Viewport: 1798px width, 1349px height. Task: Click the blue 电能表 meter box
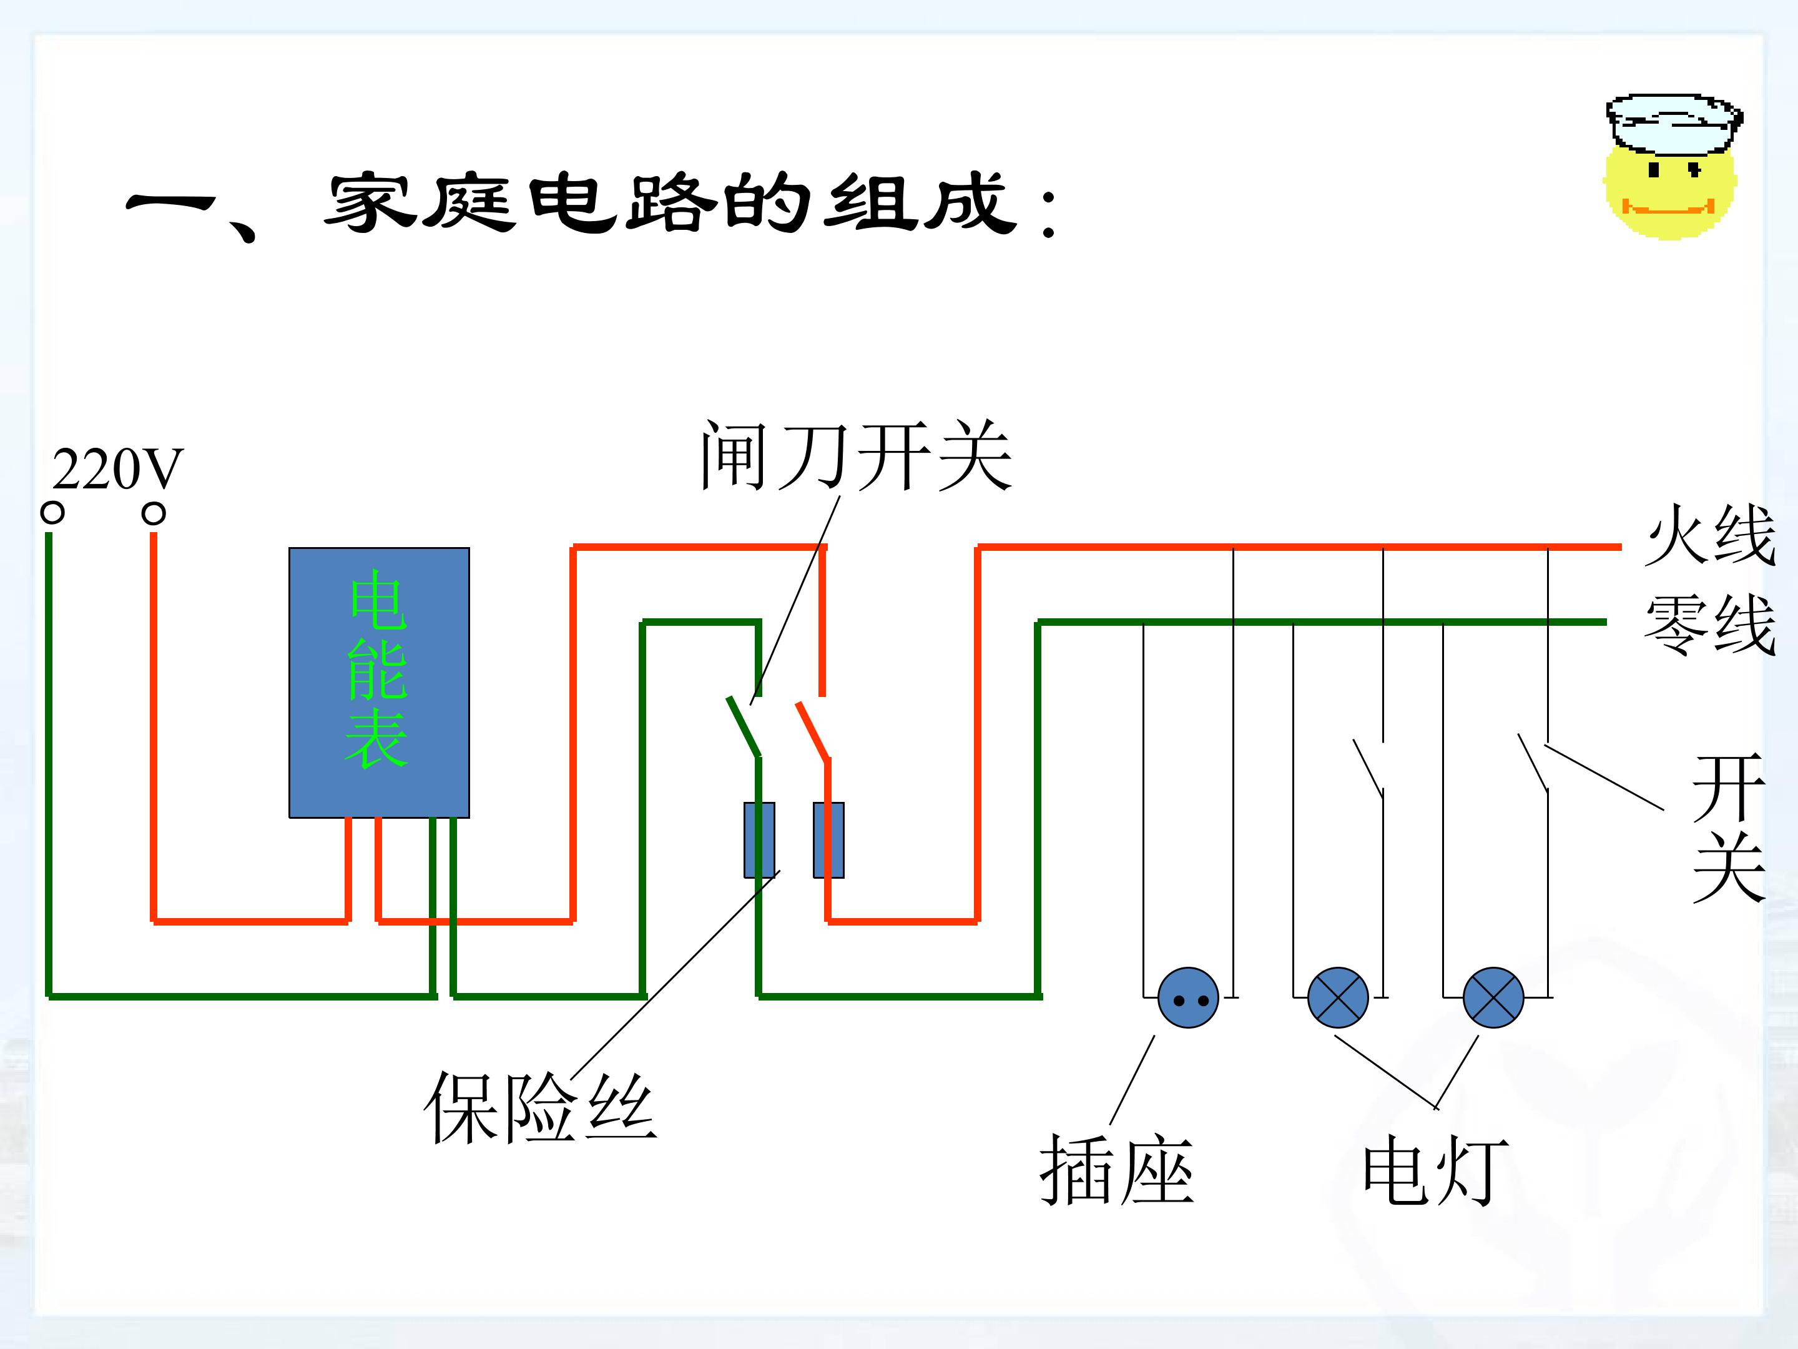pyautogui.click(x=379, y=682)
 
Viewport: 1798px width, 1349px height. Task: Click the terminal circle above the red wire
pyautogui.click(x=154, y=513)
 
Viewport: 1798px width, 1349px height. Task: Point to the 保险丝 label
pyautogui.click(x=541, y=1107)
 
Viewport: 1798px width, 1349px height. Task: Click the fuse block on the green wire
pyautogui.click(x=759, y=840)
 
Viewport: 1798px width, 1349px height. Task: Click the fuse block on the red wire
pyautogui.click(x=828, y=840)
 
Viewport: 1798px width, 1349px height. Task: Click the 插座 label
pyautogui.click(x=1117, y=1171)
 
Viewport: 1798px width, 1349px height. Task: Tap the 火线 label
pyautogui.click(x=1710, y=533)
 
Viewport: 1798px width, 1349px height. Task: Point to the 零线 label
pyautogui.click(x=1710, y=624)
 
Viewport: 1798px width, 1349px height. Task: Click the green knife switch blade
pyautogui.click(x=744, y=726)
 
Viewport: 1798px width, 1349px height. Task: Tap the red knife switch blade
pyautogui.click(x=813, y=731)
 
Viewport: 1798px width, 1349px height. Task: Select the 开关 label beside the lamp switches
pyautogui.click(x=1729, y=828)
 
